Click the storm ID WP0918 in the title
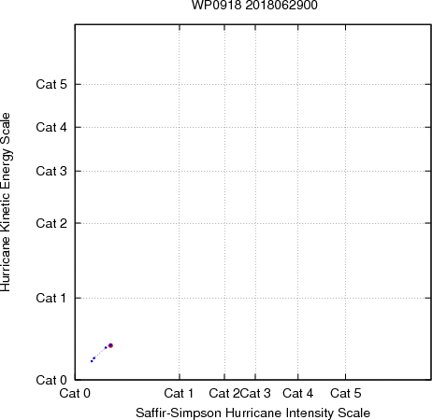click(x=216, y=5)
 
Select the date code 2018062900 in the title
click(x=281, y=5)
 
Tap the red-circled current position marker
click(x=110, y=345)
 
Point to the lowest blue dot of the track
click(x=92, y=361)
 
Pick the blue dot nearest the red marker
click(x=106, y=347)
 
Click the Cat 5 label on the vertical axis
click(x=51, y=84)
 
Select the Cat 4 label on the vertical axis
click(x=51, y=127)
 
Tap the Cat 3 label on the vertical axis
click(x=51, y=171)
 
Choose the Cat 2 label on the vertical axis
click(x=51, y=223)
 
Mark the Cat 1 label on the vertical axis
click(x=51, y=298)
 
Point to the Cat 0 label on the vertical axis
click(x=51, y=380)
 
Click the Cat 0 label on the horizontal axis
click(x=75, y=393)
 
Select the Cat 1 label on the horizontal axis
click(x=179, y=393)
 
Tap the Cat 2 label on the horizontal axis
click(x=224, y=393)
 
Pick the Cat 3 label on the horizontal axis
click(x=255, y=393)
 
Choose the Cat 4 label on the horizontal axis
click(x=298, y=393)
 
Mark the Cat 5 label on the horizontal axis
click(x=346, y=393)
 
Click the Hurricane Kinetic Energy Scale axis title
click(x=6, y=202)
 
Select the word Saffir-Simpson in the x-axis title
click(x=179, y=413)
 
